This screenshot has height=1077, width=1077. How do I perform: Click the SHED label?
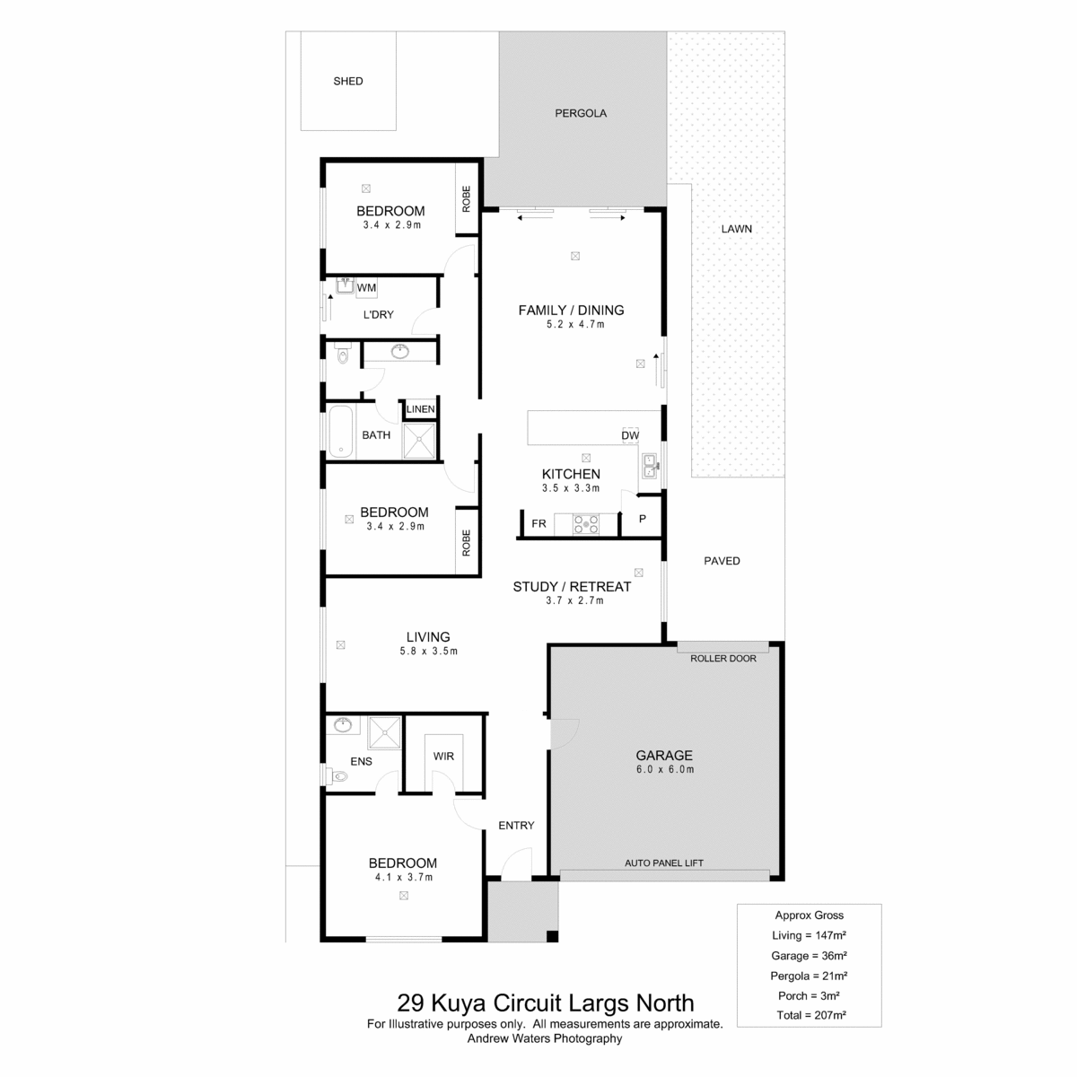pos(347,81)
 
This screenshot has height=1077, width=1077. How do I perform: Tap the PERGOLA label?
pos(580,113)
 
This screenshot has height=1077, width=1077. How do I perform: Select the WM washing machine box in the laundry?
pos(366,288)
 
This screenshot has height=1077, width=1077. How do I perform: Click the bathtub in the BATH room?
pos(341,431)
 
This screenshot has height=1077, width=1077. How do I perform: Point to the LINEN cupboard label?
pos(420,409)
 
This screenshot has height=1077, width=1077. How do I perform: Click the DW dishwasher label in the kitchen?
pos(630,435)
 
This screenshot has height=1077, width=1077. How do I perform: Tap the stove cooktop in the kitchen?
pos(586,524)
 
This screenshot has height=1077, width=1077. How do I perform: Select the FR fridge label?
pos(538,523)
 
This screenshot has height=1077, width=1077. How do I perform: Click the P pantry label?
pos(643,519)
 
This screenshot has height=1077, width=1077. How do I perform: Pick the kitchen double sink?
pos(649,466)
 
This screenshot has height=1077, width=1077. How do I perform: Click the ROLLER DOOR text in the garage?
pos(722,659)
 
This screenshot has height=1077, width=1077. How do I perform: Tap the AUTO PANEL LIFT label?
pos(664,862)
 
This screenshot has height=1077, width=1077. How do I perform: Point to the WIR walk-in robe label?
pos(443,757)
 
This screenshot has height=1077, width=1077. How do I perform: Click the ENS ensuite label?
pos(361,761)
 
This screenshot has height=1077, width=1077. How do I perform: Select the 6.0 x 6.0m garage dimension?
pos(664,769)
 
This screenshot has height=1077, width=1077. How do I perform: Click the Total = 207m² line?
pos(811,1030)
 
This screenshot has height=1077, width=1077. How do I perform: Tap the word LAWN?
pos(736,229)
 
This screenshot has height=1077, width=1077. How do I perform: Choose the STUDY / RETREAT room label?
pos(572,587)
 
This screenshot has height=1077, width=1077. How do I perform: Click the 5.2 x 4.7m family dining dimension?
pos(575,325)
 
